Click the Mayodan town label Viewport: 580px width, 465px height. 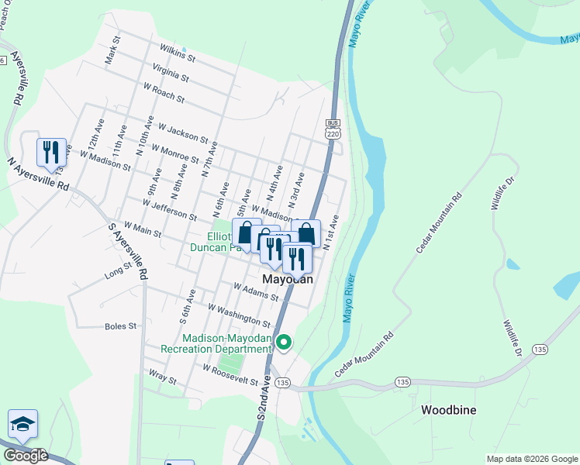pos(288,279)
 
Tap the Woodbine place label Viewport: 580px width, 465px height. pos(448,409)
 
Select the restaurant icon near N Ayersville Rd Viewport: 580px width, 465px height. pos(51,152)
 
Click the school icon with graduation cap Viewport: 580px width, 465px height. pos(22,424)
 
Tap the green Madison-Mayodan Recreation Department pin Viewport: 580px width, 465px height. pos(284,342)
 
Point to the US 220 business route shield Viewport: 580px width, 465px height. pos(333,129)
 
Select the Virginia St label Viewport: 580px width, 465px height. pos(171,74)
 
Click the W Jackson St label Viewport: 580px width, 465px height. pos(182,132)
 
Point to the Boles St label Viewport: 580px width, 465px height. pos(120,326)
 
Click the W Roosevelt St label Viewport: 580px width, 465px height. pos(230,375)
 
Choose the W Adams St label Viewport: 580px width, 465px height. pos(256,291)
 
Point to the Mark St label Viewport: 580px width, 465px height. pos(114,49)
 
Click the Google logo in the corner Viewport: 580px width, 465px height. pos(26,456)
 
